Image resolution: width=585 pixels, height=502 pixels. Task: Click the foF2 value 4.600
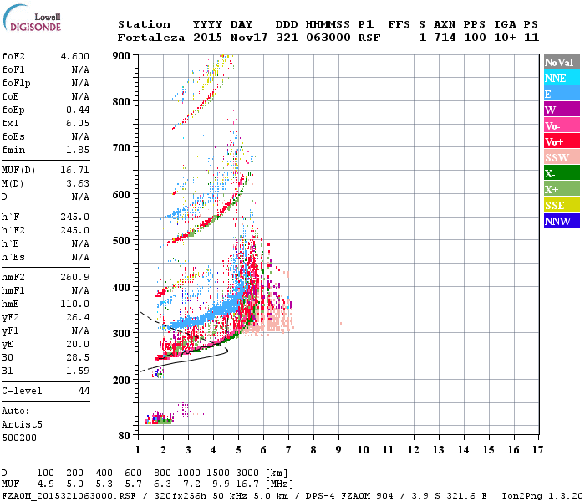[x=74, y=55]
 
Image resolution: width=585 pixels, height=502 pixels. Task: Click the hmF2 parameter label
[x=17, y=276]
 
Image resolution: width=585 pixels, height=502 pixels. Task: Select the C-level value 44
[x=84, y=391]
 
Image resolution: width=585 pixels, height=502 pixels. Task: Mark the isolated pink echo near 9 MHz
[x=341, y=323]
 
